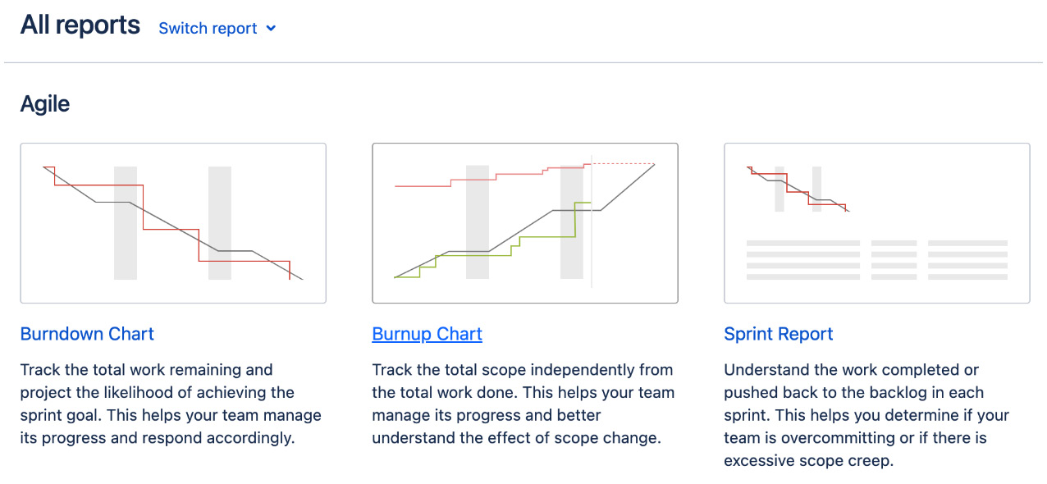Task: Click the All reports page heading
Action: (80, 25)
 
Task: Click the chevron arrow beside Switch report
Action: (272, 29)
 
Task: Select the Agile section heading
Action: (45, 104)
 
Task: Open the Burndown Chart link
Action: (87, 334)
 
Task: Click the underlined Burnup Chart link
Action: (427, 334)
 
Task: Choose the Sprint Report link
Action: (778, 334)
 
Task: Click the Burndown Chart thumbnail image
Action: (173, 223)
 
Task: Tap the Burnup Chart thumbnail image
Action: (525, 223)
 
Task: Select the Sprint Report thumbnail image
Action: (876, 223)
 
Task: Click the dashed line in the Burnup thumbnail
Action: (624, 164)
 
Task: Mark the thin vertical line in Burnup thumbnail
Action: (592, 246)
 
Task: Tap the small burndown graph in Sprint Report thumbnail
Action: (796, 189)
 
